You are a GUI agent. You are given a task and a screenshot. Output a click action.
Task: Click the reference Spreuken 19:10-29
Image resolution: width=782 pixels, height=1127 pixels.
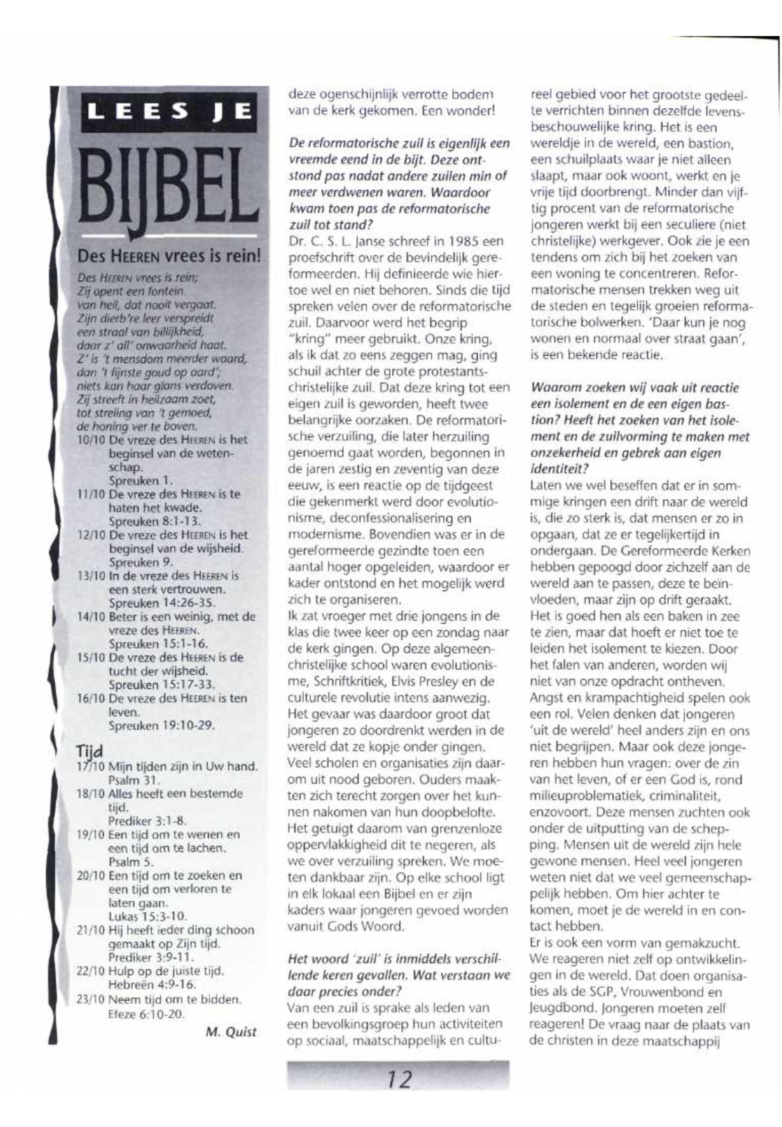click(161, 725)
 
